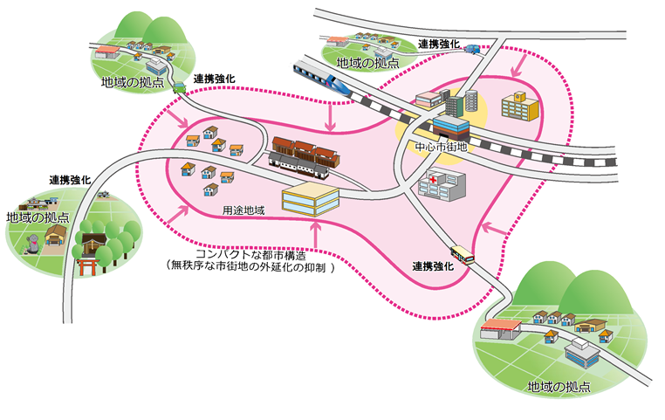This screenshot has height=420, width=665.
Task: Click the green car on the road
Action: (178, 86)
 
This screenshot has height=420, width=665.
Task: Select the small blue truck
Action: (472, 50)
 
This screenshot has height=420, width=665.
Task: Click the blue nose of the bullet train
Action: (343, 87)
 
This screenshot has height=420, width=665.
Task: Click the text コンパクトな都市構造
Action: (249, 255)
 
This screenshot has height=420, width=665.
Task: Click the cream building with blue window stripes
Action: (310, 200)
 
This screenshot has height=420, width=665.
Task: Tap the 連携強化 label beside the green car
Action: (215, 79)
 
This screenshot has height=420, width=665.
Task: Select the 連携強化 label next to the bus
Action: (433, 265)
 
